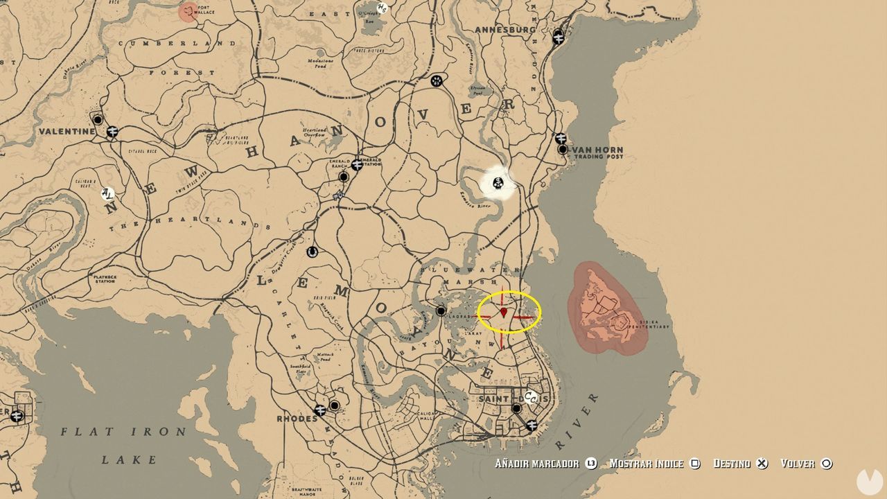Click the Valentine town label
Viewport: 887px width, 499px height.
67,131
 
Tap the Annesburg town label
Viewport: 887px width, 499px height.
505,29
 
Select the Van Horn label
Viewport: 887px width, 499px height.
597,150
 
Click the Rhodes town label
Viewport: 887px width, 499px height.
297,419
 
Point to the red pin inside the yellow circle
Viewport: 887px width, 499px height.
504,313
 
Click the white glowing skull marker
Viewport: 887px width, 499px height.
498,184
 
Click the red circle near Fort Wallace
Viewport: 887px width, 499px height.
188,12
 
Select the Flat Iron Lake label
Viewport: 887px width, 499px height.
123,432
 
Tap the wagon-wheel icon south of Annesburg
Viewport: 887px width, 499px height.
436,80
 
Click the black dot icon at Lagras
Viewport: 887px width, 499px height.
441,311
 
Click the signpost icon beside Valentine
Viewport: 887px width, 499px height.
112,131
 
